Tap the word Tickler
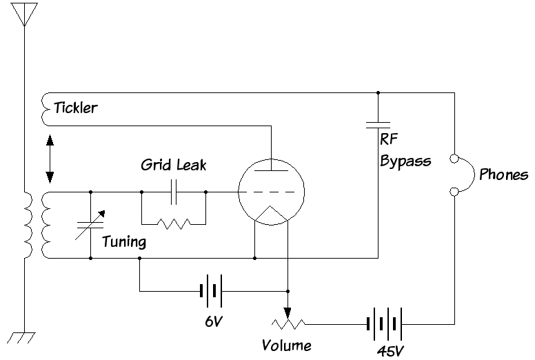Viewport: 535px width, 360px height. (75, 108)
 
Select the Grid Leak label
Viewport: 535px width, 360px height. (173, 166)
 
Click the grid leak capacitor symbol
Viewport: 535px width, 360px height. (174, 192)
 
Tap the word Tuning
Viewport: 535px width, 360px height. (124, 242)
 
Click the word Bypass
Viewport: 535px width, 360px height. (405, 161)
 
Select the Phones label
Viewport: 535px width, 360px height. (503, 174)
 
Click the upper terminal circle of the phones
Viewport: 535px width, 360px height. (454, 159)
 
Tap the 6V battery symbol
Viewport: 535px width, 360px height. (212, 290)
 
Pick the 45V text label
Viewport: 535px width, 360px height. (390, 351)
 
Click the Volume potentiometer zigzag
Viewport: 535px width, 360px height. (287, 323)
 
